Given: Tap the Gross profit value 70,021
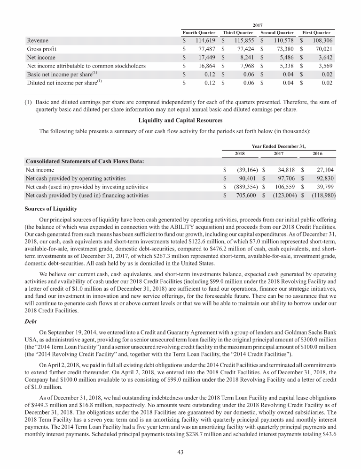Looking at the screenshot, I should click(x=322, y=49).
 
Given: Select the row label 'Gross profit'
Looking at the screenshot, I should click(x=43, y=49).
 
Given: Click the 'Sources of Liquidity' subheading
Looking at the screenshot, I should click(x=51, y=208).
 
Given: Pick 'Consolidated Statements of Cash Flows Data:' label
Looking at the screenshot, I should click(x=85, y=162).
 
